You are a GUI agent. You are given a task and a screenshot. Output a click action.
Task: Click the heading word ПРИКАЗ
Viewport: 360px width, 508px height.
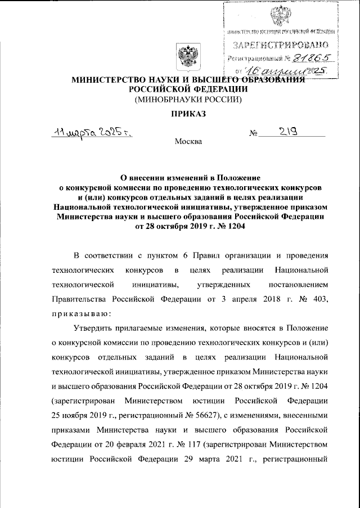tap(186, 115)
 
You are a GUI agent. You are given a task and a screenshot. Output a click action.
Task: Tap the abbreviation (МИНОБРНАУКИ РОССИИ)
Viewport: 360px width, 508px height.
tap(186, 100)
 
